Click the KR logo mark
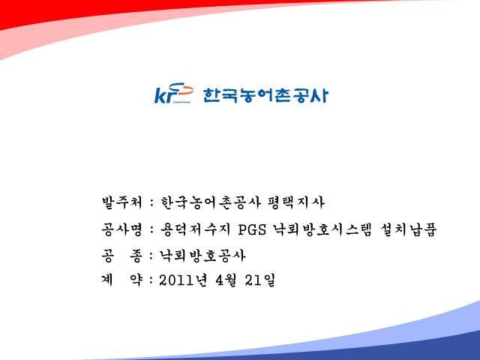tap(174, 93)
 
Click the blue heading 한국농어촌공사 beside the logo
tap(265, 95)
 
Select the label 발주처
tap(122, 202)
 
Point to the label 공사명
tap(122, 229)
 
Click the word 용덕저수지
tap(195, 229)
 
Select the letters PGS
tap(252, 230)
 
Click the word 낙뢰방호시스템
tap(322, 229)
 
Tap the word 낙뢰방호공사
tap(202, 256)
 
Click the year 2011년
tap(183, 280)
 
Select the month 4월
tap(226, 280)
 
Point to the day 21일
tap(260, 280)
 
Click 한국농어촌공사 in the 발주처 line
tap(211, 202)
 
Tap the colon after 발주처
tap(151, 203)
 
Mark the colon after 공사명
tap(151, 230)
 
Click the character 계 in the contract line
tap(107, 280)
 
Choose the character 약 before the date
tap(136, 280)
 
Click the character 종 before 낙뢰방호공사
tap(136, 256)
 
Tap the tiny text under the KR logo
tap(181, 102)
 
